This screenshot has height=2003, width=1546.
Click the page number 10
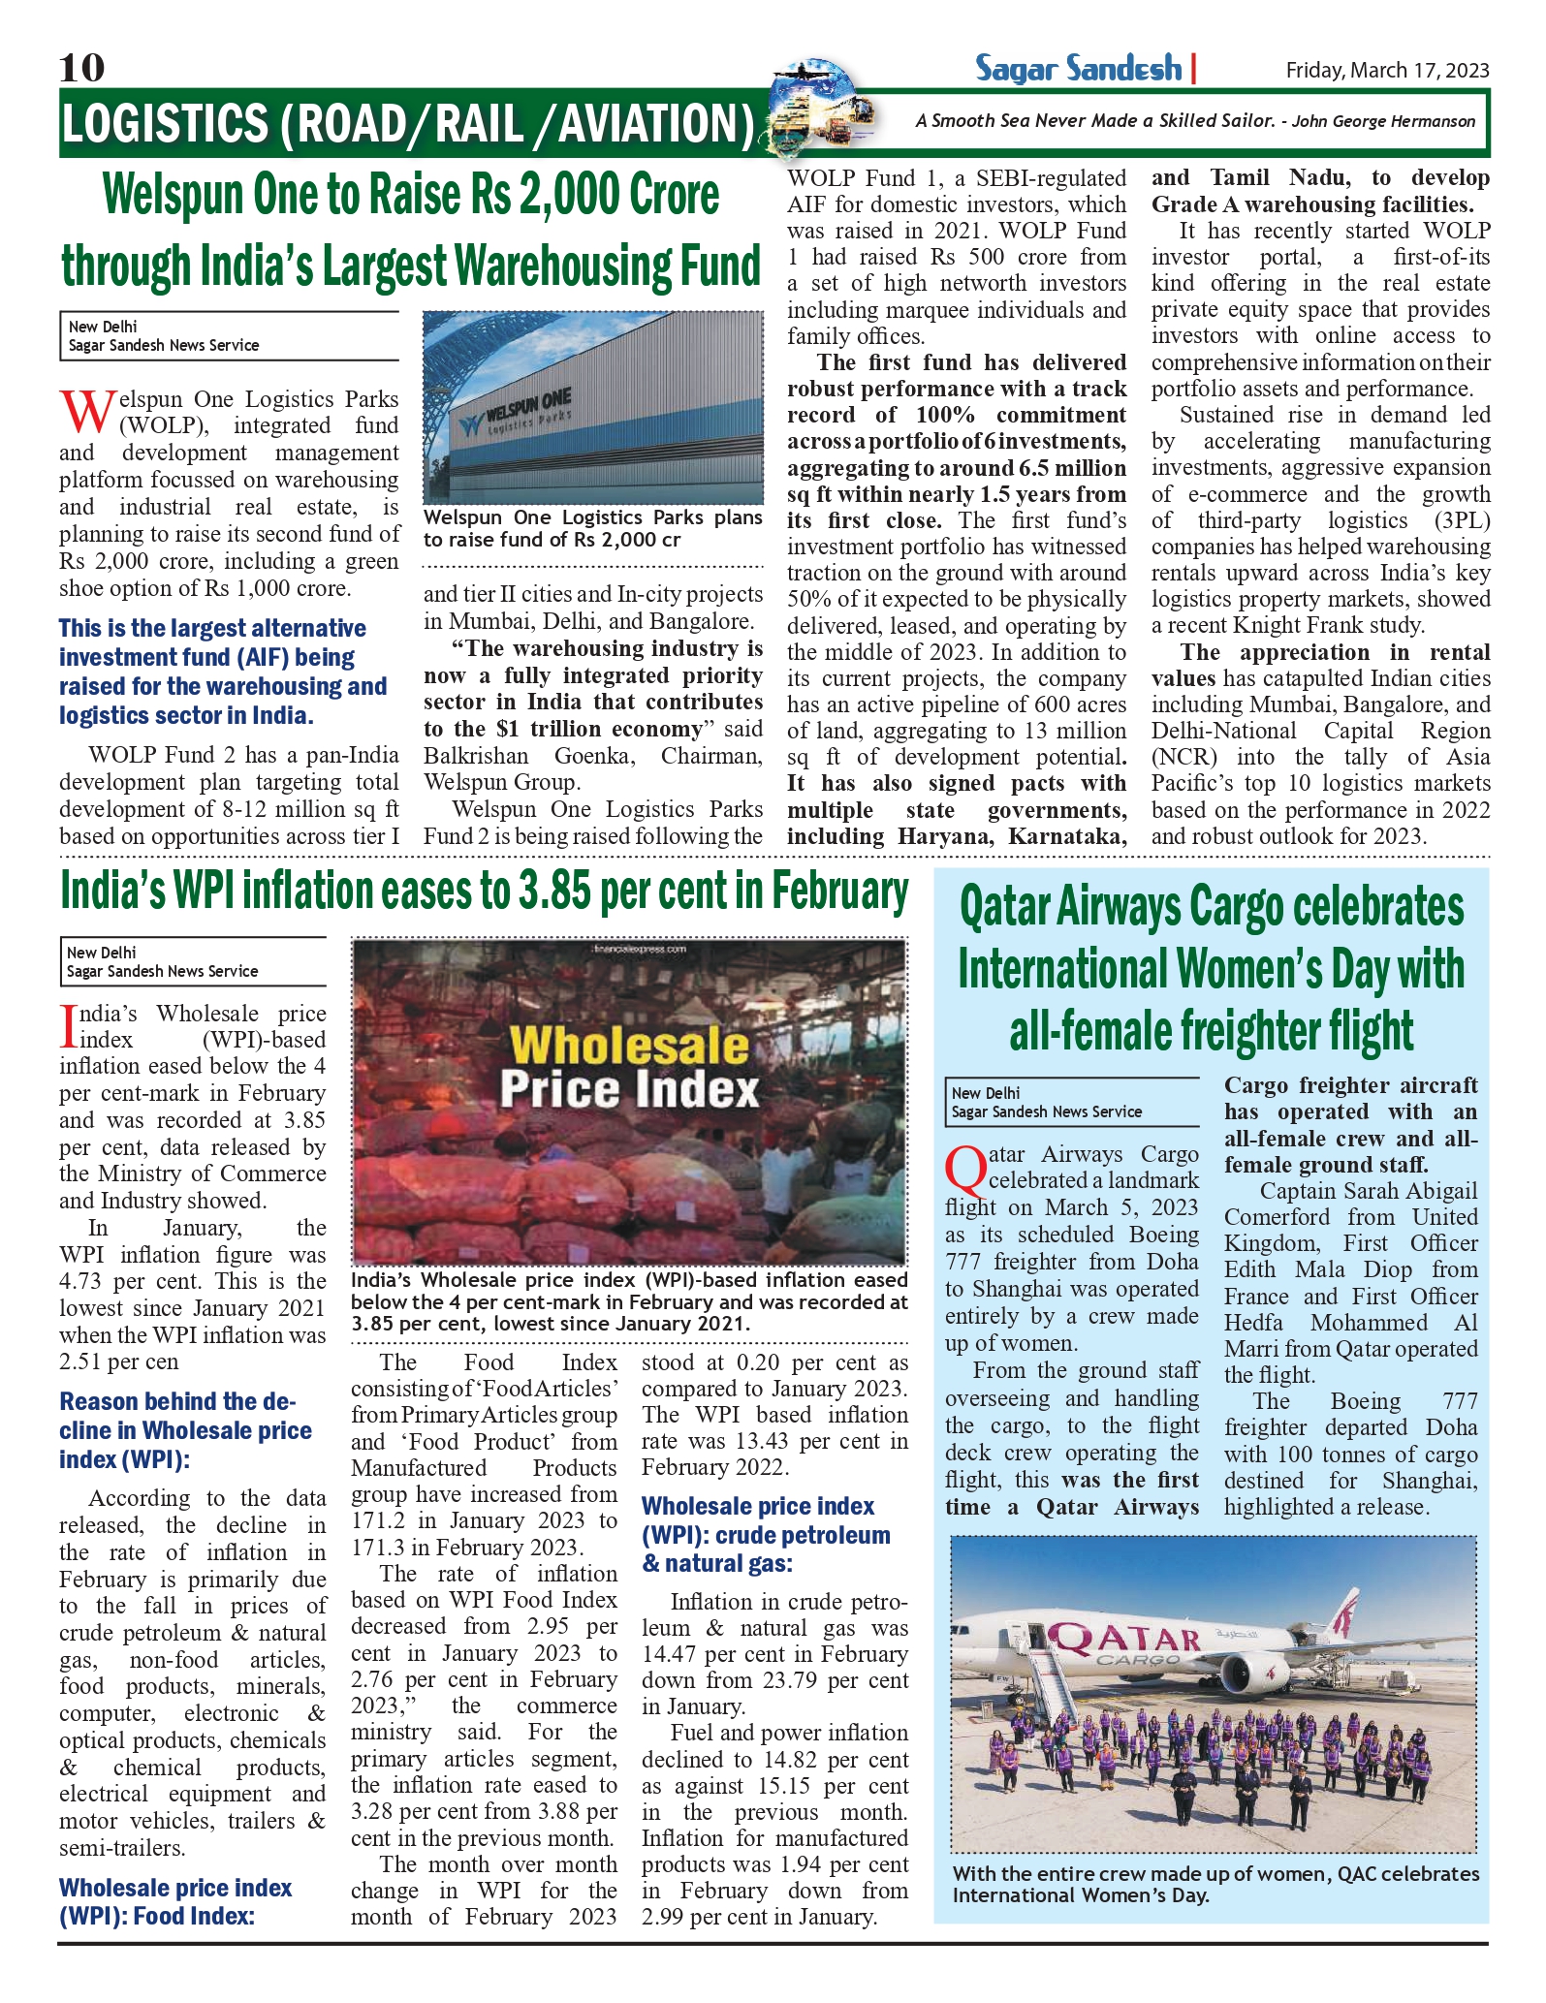coord(81,68)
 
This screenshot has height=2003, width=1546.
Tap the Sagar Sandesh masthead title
coord(1078,69)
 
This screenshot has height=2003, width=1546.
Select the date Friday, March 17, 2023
coord(1387,70)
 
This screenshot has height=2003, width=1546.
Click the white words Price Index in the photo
coord(629,1089)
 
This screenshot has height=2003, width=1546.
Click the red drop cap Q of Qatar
coord(965,1170)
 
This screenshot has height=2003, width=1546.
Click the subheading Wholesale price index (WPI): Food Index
coord(174,1901)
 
